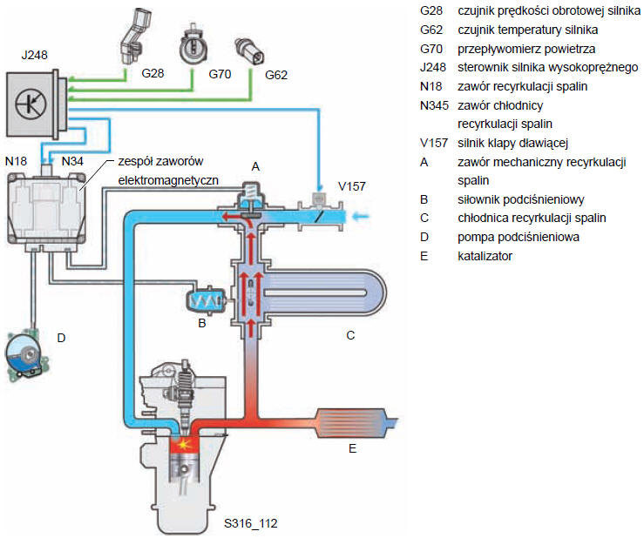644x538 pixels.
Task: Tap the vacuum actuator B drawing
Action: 206,301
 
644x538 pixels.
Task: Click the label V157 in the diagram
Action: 352,186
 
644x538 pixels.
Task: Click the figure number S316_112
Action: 250,523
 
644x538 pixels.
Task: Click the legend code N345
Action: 434,105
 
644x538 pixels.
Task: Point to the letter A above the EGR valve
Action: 255,165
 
